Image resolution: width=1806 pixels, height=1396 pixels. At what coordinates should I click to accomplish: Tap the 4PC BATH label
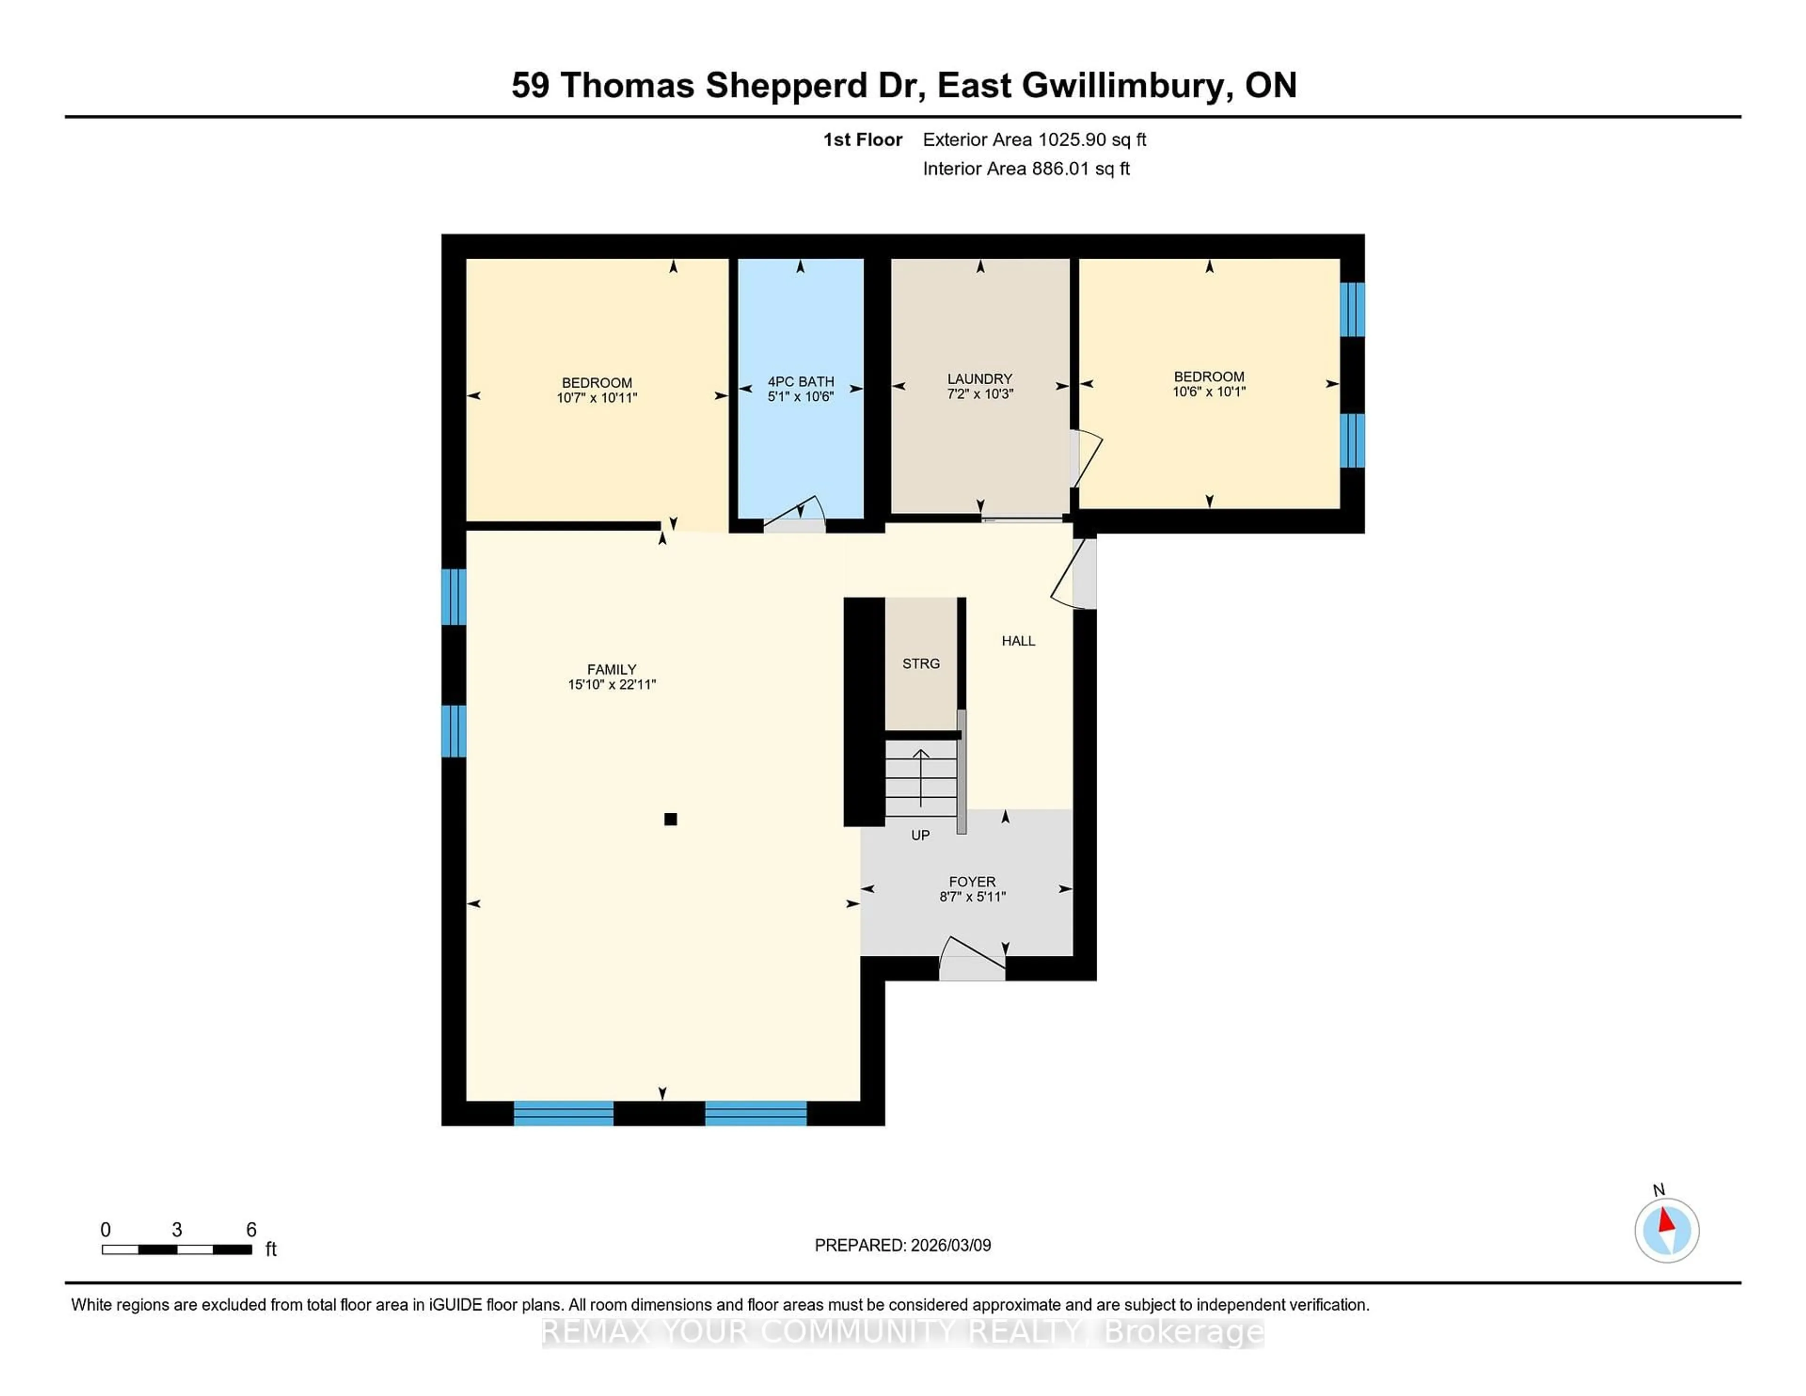[x=800, y=381]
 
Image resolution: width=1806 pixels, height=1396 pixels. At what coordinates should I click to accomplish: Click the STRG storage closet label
[x=920, y=663]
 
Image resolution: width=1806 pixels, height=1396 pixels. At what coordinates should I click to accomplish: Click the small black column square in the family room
[x=671, y=819]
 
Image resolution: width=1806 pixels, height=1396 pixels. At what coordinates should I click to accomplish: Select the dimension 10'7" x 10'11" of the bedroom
[x=596, y=398]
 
